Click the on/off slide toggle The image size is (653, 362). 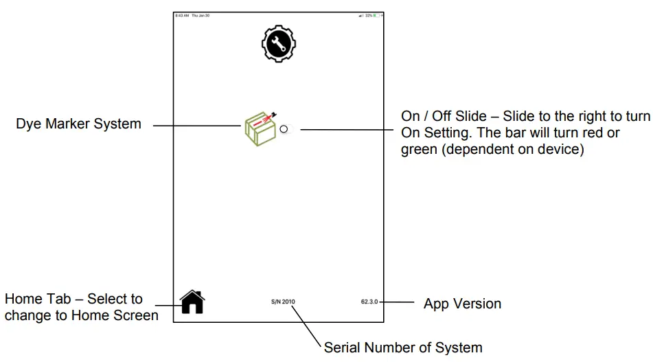285,129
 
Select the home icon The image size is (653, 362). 192,302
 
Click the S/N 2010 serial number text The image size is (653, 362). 283,302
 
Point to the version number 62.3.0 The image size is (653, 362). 369,302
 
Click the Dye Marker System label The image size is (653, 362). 78,124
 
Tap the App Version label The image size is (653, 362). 462,304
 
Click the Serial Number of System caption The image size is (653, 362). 403,348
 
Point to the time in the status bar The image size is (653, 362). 181,15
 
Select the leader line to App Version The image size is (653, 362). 396,302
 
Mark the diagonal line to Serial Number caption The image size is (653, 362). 308,323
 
